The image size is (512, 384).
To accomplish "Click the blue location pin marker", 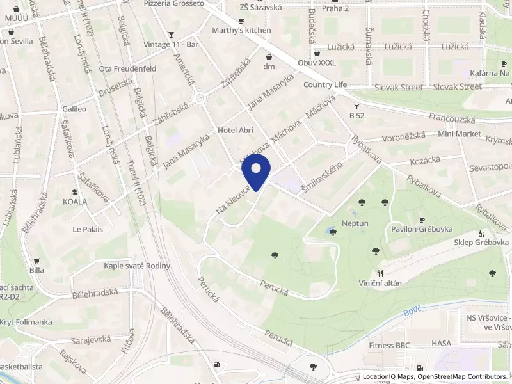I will point(256,174).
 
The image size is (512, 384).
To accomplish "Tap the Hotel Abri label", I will point(236,131).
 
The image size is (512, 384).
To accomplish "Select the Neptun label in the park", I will point(355,223).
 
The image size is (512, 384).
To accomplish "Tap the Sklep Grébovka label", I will point(481,243).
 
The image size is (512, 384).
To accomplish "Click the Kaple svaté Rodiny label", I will point(137,266).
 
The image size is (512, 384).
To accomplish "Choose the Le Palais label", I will point(88,229).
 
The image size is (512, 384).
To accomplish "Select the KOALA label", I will point(75,200).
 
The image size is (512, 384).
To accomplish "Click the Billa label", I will point(36,270).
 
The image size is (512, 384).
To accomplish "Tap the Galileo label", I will point(74,109).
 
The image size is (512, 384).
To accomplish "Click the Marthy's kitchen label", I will point(243,30).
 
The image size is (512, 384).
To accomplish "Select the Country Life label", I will point(325,84).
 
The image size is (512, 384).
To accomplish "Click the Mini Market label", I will point(460,134).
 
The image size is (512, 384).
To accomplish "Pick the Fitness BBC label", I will point(389,345).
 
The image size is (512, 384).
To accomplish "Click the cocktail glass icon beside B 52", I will point(356,106).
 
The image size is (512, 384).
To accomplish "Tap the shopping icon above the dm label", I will point(269,56).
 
